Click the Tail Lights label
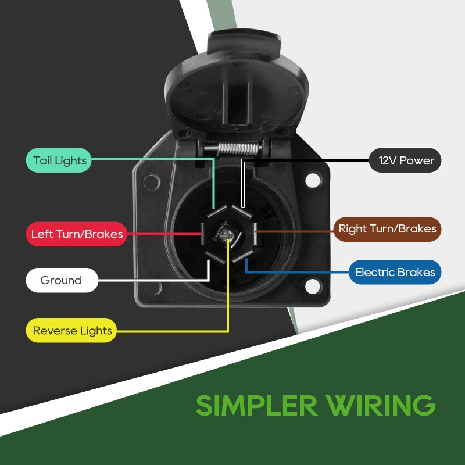tap(59, 160)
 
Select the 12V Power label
tap(405, 160)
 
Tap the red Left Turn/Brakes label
tap(77, 234)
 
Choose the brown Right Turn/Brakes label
tap(387, 229)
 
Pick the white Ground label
tap(62, 280)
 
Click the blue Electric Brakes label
tap(395, 272)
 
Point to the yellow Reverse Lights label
tap(71, 330)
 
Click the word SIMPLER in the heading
tap(257, 405)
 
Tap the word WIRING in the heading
tap(381, 405)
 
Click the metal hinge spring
tap(239, 149)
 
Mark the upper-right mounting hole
tap(313, 180)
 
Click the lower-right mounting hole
tap(313, 286)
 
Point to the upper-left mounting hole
tap(152, 182)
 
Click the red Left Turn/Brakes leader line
tap(164, 234)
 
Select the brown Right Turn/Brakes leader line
tap(295, 231)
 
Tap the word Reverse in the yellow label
tap(50, 330)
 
